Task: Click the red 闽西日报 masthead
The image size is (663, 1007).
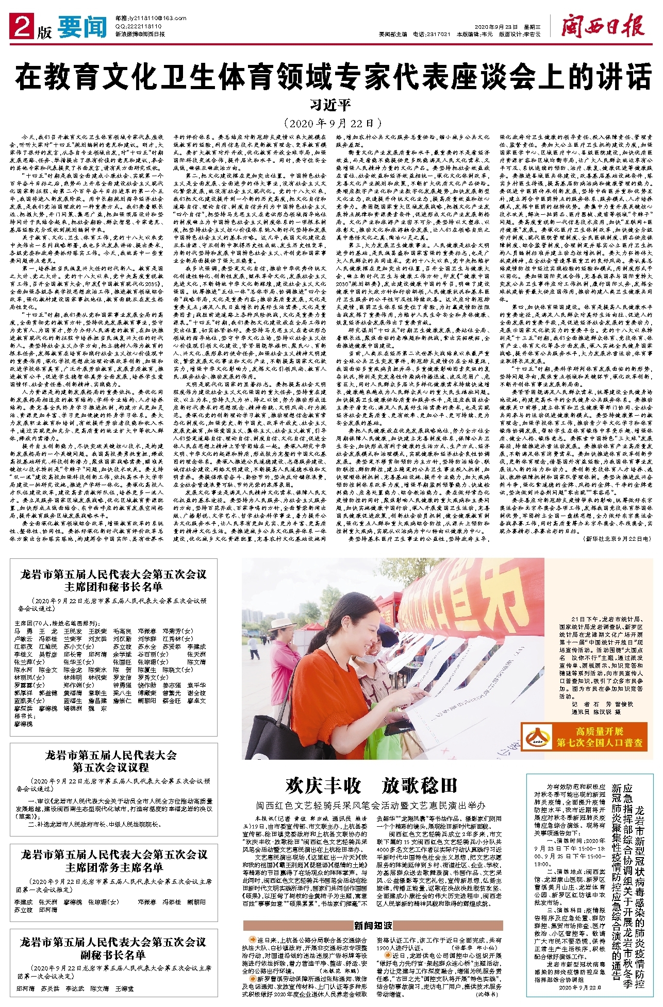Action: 603,26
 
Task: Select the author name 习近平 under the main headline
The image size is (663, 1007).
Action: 330,105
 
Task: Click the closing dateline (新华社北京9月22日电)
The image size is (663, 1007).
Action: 617,538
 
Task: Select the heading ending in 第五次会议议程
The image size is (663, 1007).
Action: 111,761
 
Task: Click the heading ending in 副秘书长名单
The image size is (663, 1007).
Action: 113,948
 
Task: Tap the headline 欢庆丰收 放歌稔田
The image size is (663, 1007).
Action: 371,786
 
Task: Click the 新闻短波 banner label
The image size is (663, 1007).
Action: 372,925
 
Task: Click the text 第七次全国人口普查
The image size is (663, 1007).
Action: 599,743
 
